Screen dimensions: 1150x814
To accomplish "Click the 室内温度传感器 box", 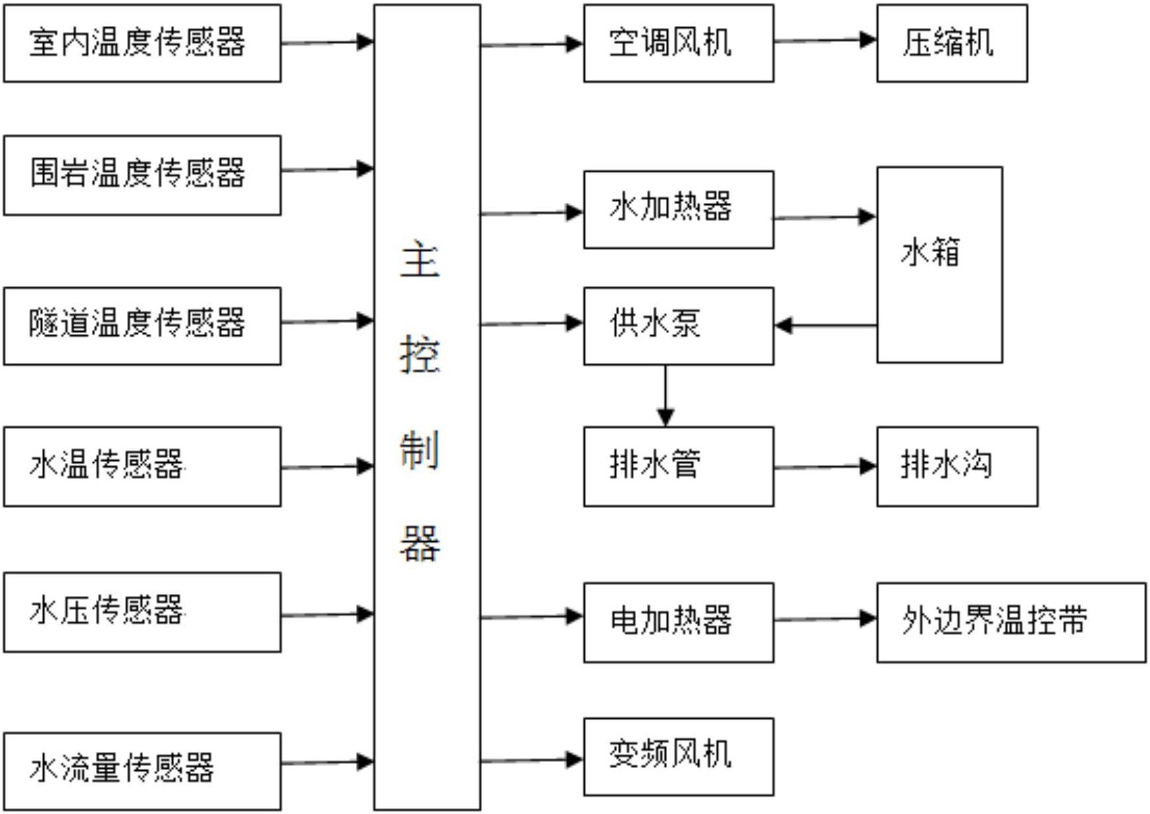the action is (142, 43).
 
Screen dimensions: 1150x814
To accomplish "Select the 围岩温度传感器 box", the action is (142, 175).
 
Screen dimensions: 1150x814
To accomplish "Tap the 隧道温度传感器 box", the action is (142, 326).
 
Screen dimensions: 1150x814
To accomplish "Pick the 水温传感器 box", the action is (142, 466).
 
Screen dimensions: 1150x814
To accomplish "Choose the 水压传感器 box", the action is (142, 612).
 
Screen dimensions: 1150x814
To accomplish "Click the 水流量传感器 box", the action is (142, 771).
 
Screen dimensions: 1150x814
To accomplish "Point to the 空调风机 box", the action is (678, 43).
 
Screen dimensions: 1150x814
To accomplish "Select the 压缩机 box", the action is (952, 43).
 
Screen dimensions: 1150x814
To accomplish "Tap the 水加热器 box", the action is (678, 209).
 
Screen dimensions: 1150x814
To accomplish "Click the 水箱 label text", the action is (931, 253).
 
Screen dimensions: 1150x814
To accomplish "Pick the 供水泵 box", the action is (678, 326).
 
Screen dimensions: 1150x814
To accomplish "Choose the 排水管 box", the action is (678, 466).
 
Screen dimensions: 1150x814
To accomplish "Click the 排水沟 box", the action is (957, 466).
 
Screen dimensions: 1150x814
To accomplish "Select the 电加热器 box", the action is (678, 622).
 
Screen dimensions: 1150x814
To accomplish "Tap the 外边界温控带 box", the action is (1011, 622).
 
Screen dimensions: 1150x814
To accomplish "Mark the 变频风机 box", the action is (678, 757).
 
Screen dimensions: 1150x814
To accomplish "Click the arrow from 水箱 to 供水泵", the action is (825, 325).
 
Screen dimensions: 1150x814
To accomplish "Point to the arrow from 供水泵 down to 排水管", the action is (665, 396).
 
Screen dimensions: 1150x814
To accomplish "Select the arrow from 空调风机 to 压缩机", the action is (825, 41).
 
